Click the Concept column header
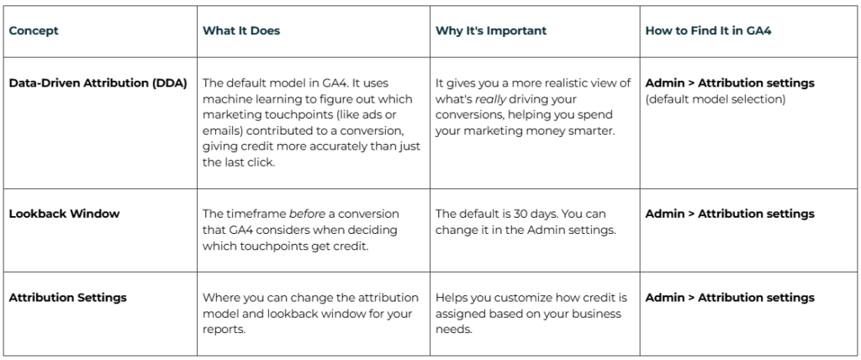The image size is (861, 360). [x=34, y=30]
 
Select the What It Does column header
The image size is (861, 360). [x=241, y=30]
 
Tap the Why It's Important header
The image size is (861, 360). [x=491, y=30]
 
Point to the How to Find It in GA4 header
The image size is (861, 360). [x=709, y=30]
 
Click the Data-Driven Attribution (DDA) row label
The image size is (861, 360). [x=98, y=83]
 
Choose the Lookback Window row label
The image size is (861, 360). [x=64, y=214]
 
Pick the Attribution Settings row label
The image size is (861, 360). [x=68, y=298]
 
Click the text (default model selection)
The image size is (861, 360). [x=715, y=98]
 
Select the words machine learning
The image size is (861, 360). [x=250, y=98]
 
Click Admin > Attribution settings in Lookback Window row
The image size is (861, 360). [x=729, y=214]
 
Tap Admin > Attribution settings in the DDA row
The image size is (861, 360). [x=729, y=83]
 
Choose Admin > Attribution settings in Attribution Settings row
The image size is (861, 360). [x=729, y=298]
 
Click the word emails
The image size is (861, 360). [x=222, y=130]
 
